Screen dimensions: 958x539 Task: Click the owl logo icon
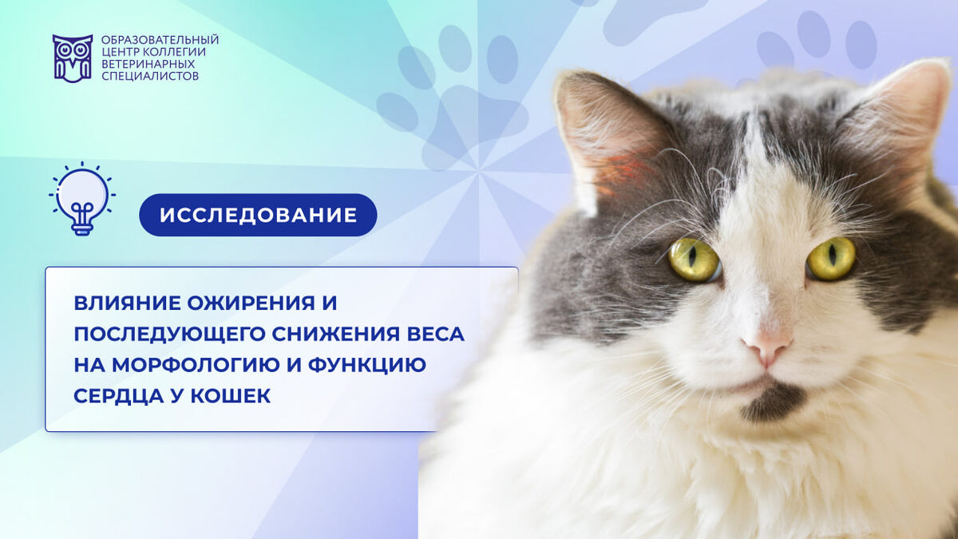click(x=73, y=58)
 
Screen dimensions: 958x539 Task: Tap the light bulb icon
click(x=82, y=199)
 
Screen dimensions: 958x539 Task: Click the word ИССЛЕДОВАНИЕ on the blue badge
click(x=259, y=215)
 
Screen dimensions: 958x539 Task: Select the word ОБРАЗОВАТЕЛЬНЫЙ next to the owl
click(x=160, y=40)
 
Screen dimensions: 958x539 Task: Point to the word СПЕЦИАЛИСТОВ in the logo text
click(x=150, y=76)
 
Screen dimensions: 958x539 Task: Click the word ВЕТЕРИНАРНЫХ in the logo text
click(x=148, y=64)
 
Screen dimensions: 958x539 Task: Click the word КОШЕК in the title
click(x=231, y=396)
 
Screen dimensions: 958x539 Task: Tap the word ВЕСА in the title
click(x=433, y=334)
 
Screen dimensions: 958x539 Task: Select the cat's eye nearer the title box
click(x=694, y=260)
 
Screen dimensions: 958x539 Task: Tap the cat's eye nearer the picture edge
click(x=830, y=259)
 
